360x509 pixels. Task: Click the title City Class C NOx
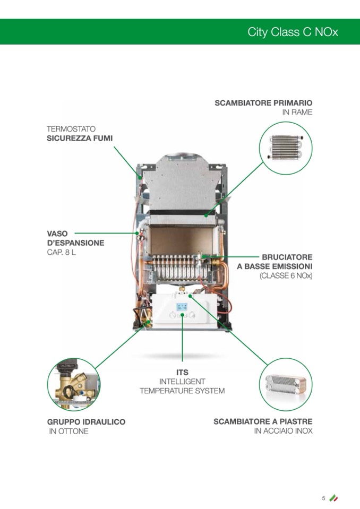point(293,32)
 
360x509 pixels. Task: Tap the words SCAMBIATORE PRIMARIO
point(263,102)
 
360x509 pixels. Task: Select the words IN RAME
point(297,113)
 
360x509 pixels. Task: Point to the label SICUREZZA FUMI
point(80,138)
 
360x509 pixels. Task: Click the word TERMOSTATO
point(71,128)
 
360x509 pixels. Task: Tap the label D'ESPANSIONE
point(75,243)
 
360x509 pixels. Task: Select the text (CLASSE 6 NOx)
point(286,276)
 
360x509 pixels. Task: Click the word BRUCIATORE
point(287,256)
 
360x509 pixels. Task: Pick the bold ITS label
point(182,372)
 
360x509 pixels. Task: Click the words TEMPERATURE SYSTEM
point(182,391)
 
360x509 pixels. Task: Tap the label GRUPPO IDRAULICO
point(86,422)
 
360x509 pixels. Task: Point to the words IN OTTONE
point(68,432)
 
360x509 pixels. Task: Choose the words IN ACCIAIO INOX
point(283,431)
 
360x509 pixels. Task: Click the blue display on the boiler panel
point(182,307)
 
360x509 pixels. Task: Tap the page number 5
point(323,498)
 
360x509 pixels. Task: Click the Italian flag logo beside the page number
point(333,498)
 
